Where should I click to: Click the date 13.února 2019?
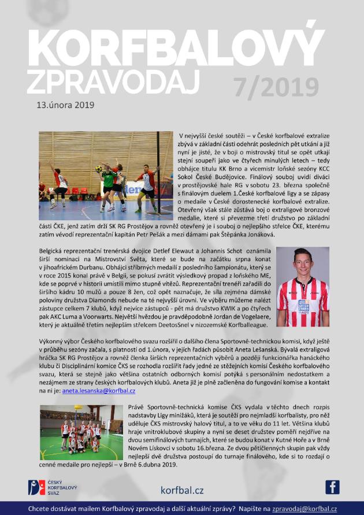pyautogui.click(x=65, y=106)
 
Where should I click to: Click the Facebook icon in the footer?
pyautogui.click(x=332, y=487)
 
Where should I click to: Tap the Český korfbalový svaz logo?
pyautogui.click(x=49, y=487)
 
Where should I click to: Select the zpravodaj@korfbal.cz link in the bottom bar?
pyautogui.click(x=305, y=509)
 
